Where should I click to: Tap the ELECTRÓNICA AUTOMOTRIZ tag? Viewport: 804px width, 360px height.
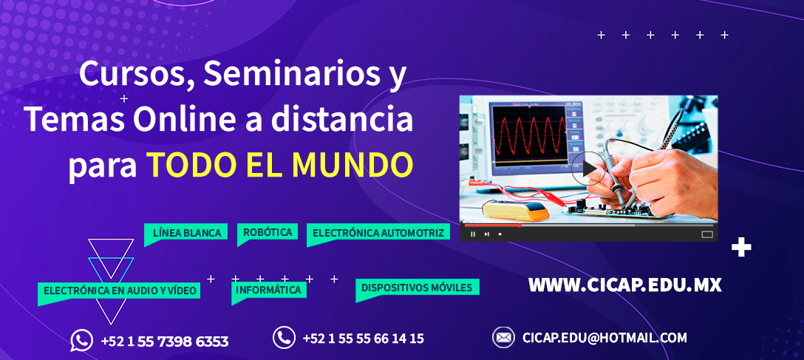pyautogui.click(x=378, y=233)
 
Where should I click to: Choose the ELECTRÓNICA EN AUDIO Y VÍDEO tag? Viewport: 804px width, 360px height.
pyautogui.click(x=120, y=291)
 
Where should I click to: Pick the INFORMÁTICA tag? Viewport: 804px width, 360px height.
pyautogui.click(x=269, y=291)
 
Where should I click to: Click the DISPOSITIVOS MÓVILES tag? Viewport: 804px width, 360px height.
pyautogui.click(x=417, y=288)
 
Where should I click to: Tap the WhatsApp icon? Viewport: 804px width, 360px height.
pyautogui.click(x=81, y=341)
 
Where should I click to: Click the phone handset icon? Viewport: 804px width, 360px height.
pyautogui.click(x=284, y=338)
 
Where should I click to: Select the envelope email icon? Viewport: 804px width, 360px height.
pyautogui.click(x=503, y=337)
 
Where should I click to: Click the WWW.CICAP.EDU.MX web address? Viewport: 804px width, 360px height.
pyautogui.click(x=624, y=285)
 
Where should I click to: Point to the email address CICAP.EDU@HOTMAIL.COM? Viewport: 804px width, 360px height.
pyautogui.click(x=604, y=338)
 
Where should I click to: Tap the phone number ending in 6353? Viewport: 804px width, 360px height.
pyautogui.click(x=165, y=342)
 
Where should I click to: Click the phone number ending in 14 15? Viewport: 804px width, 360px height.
pyautogui.click(x=363, y=339)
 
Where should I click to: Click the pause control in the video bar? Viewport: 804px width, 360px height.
pyautogui.click(x=473, y=234)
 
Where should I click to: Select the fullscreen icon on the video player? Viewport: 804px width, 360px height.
pyautogui.click(x=707, y=234)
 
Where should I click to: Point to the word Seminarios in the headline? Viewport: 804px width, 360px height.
pyautogui.click(x=288, y=75)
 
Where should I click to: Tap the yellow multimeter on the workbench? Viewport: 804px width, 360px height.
pyautogui.click(x=516, y=210)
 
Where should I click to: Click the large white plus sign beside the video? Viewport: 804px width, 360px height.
pyautogui.click(x=741, y=248)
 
